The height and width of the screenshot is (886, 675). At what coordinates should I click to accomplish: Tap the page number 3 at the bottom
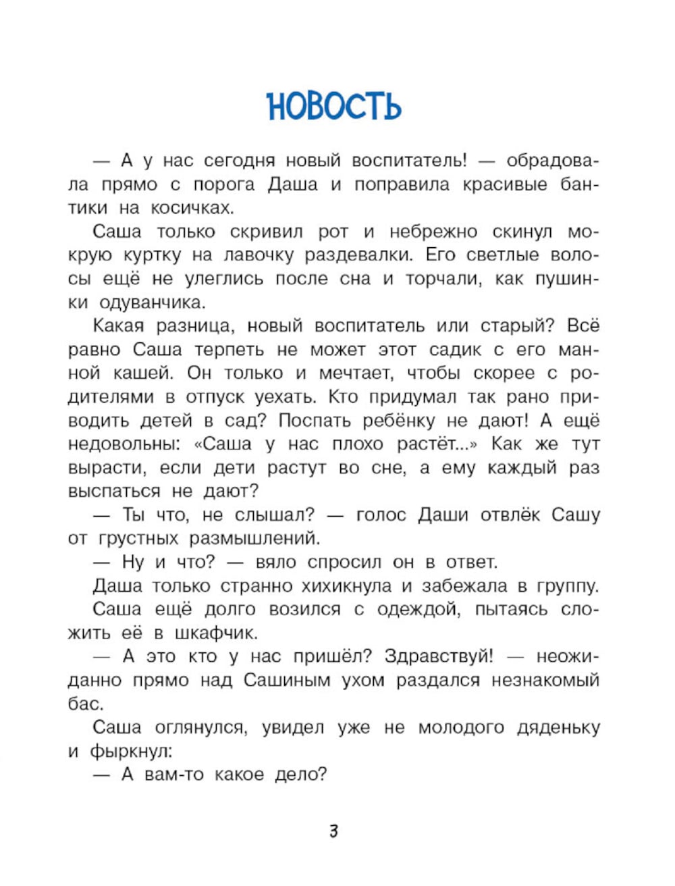pos(333,831)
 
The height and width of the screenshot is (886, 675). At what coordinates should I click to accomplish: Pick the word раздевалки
pos(356,255)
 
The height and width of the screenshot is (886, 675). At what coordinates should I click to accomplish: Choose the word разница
pos(196,326)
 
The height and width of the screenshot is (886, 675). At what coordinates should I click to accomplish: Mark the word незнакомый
pos(545,680)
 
